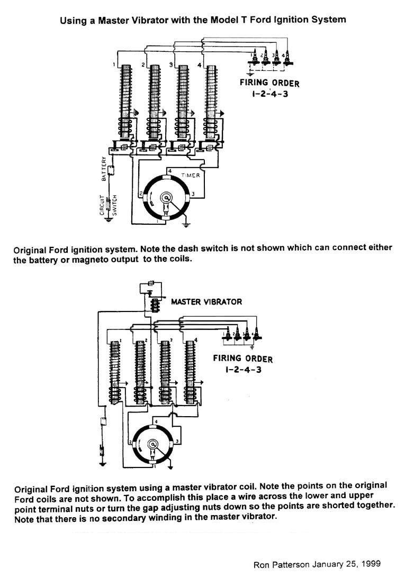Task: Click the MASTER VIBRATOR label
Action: tap(206, 302)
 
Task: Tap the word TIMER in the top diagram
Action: tap(191, 176)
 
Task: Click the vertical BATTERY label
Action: tap(104, 168)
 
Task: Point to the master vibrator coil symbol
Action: tap(155, 306)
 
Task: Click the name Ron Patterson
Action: tap(280, 564)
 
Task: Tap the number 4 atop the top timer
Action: tap(169, 171)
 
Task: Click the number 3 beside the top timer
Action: tap(193, 195)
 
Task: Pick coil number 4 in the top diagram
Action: tap(212, 100)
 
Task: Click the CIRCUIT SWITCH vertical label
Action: tap(104, 206)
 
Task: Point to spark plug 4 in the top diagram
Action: tap(288, 58)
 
